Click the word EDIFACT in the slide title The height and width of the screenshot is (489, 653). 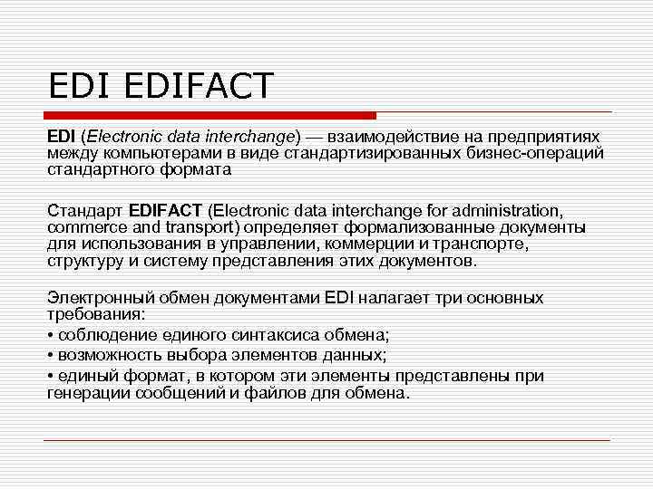pos(194,87)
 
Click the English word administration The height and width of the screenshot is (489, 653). pos(508,210)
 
